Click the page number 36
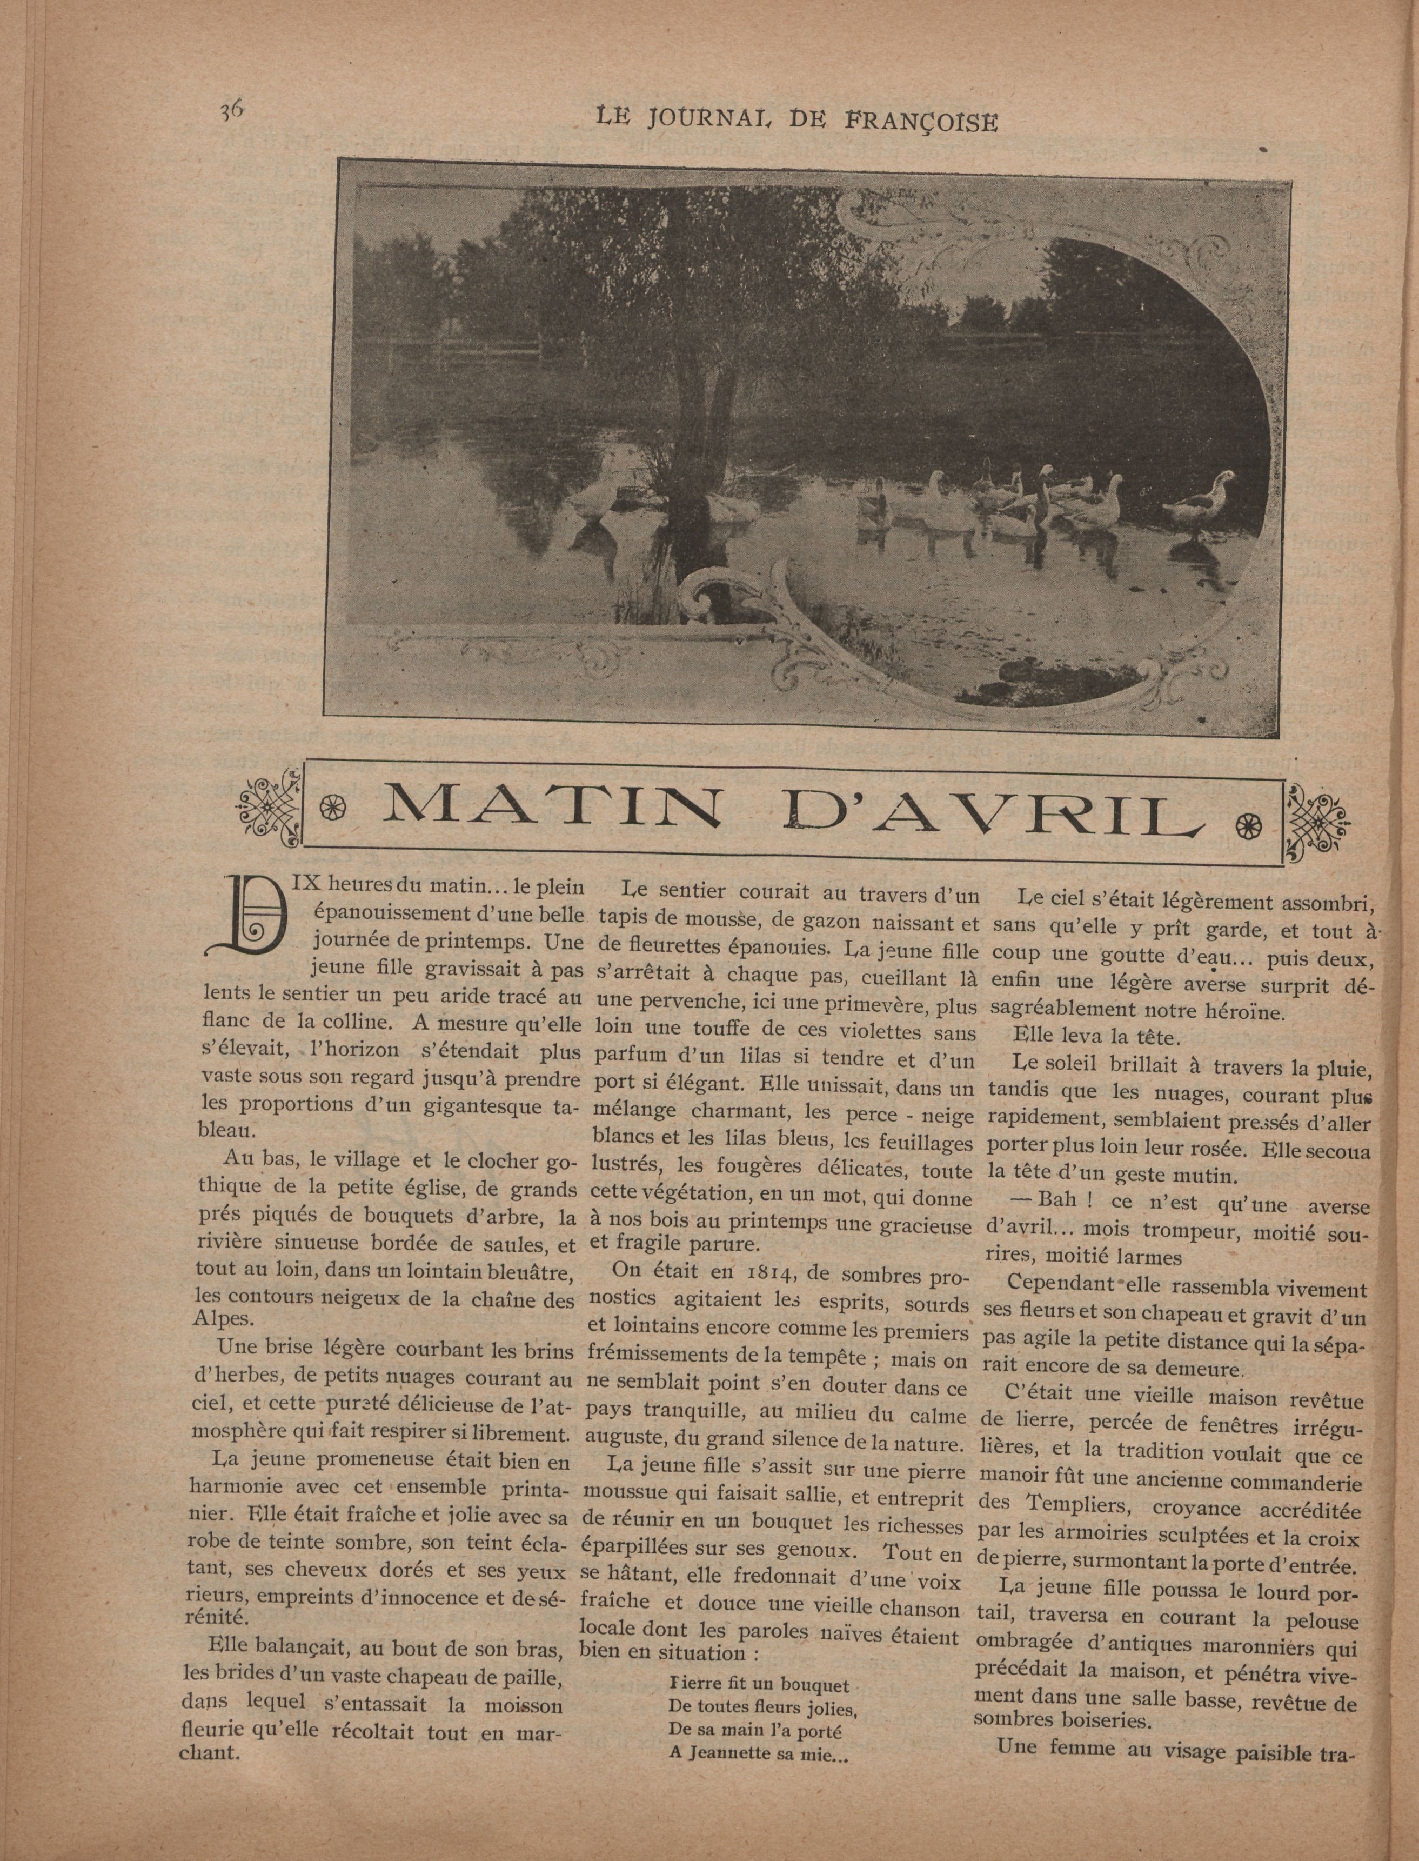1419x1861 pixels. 231,111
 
